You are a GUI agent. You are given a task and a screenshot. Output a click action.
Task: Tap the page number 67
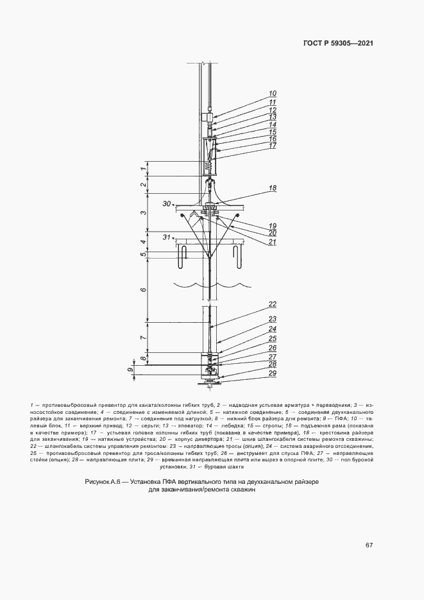[x=369, y=545]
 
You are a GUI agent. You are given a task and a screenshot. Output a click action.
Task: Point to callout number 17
[x=272, y=146]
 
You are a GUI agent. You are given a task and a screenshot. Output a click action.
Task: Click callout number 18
[x=272, y=188]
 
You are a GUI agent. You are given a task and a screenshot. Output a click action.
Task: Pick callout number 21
[x=272, y=242]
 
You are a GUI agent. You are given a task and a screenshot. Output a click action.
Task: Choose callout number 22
[x=272, y=304]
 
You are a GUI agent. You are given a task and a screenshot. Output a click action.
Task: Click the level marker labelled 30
[x=167, y=204]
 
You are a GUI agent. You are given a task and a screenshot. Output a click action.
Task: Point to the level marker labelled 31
[x=167, y=237]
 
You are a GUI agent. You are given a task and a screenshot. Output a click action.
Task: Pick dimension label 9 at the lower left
[x=131, y=370]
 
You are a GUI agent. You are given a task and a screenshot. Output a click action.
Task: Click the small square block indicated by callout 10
[x=205, y=117]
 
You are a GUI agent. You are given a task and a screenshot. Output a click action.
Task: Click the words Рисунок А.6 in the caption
[x=104, y=481]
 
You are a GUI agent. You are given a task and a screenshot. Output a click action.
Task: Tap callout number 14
[x=272, y=124]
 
